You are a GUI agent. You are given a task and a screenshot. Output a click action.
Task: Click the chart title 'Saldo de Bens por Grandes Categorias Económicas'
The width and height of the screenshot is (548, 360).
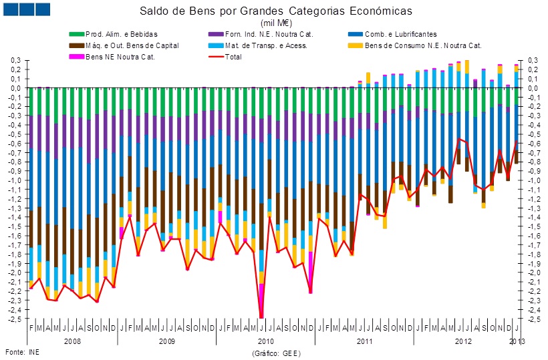276,11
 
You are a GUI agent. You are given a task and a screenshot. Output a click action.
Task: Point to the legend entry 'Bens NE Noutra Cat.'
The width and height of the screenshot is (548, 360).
120,57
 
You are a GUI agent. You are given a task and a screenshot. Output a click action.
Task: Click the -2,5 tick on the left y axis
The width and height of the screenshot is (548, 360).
13,319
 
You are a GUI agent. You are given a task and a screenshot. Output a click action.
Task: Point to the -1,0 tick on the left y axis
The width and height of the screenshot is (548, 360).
13,180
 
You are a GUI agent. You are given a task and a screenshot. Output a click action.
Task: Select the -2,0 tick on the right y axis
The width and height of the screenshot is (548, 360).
533,273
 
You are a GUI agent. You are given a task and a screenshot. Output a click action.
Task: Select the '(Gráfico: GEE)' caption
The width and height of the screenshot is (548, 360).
275,352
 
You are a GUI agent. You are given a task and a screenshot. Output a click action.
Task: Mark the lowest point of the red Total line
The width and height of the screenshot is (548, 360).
261,318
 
